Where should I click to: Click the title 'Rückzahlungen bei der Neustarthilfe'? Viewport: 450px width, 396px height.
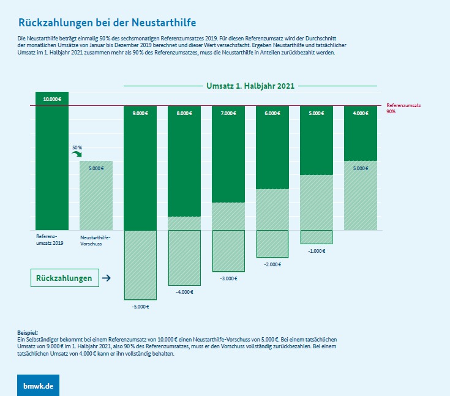(107, 23)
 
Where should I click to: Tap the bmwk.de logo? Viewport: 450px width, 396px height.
(38, 386)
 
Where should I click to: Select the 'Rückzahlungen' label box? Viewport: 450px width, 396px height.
(64, 278)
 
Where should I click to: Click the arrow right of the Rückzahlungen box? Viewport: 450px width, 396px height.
(106, 278)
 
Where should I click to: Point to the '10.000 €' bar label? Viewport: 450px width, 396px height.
(52, 99)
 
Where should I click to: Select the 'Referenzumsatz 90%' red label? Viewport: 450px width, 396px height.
(403, 108)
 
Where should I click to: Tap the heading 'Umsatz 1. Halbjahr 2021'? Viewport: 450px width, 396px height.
(250, 86)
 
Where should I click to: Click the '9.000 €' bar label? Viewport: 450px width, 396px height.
(140, 113)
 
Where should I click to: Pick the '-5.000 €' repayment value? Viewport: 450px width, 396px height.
(140, 306)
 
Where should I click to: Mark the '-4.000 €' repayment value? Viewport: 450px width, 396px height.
(184, 292)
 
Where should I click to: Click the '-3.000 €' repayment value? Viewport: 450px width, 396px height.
(228, 278)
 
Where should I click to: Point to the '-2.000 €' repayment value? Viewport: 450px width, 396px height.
(272, 264)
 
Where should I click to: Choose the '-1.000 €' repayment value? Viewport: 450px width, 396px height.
(317, 251)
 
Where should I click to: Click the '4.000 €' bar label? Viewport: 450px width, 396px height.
(361, 113)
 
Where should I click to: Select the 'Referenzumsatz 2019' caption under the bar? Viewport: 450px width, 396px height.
(50, 240)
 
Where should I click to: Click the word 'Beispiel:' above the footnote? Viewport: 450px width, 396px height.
(28, 332)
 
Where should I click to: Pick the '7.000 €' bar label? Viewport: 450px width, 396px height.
(228, 113)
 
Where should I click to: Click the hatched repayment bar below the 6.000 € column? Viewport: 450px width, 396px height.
(272, 244)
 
